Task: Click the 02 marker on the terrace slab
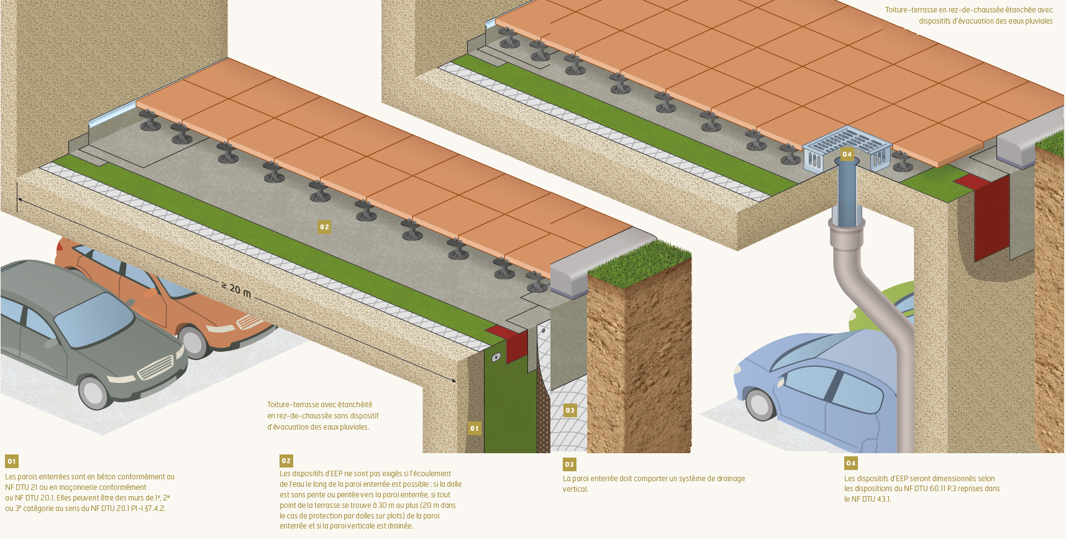click(x=324, y=227)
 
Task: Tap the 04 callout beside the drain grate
click(x=847, y=154)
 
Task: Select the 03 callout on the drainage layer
click(x=570, y=410)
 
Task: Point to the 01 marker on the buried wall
click(x=475, y=428)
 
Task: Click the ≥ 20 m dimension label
click(x=237, y=289)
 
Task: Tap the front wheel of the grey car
click(x=94, y=392)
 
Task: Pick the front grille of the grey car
click(x=155, y=367)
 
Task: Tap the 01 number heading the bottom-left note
click(x=11, y=461)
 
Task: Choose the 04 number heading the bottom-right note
click(x=850, y=463)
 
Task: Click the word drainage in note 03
click(x=729, y=479)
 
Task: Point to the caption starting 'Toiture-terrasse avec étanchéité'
click(x=323, y=416)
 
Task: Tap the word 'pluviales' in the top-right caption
click(x=1039, y=21)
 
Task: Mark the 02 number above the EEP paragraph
click(x=286, y=461)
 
